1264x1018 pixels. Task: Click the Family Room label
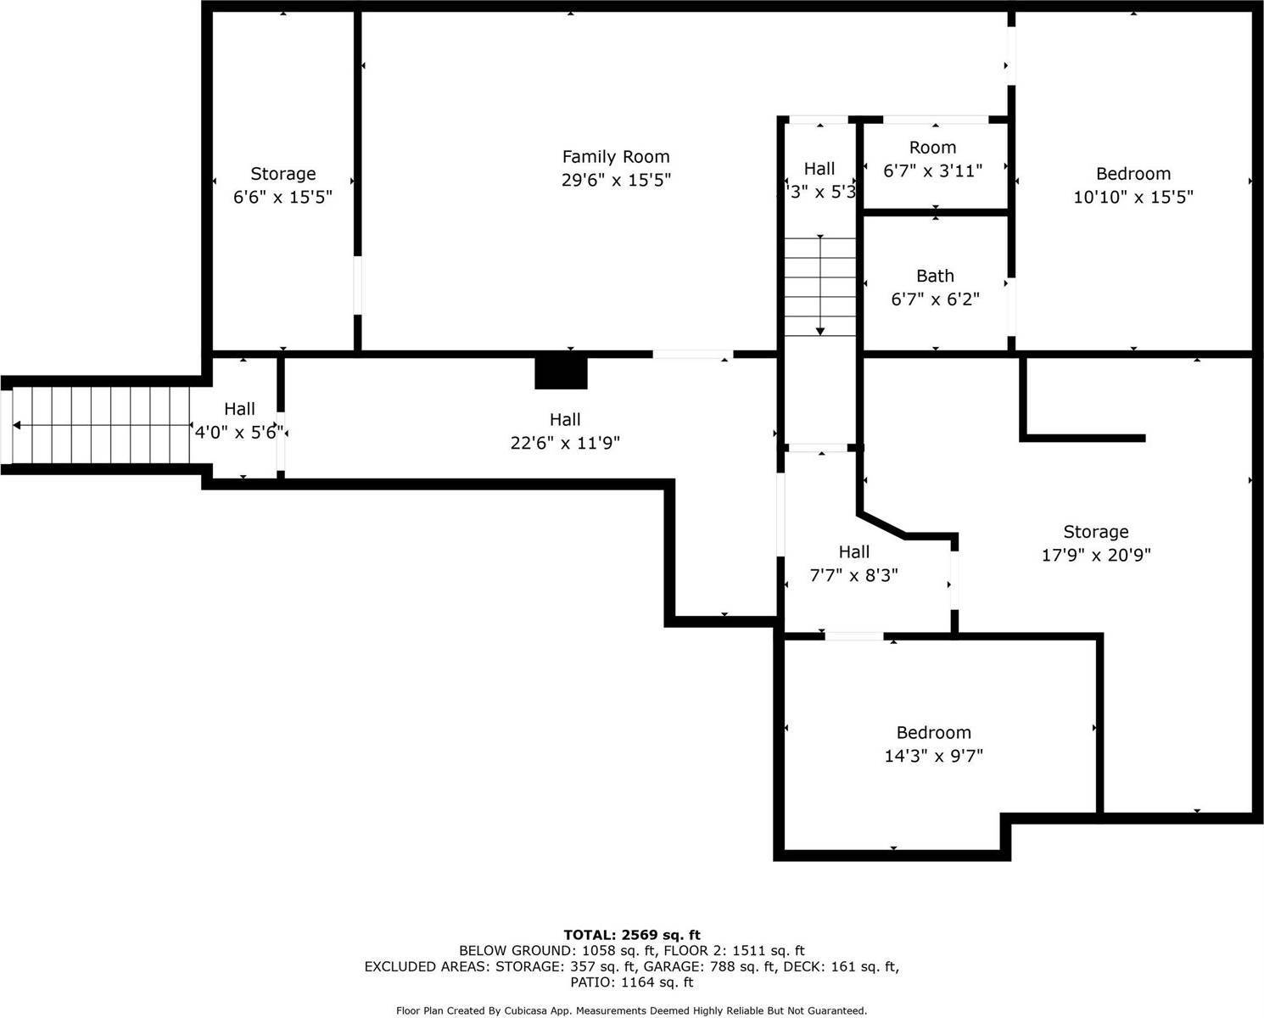pyautogui.click(x=616, y=157)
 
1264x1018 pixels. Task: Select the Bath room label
pyautogui.click(x=935, y=276)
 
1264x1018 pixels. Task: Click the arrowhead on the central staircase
pyautogui.click(x=820, y=330)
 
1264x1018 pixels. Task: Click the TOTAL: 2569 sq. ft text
pyautogui.click(x=632, y=935)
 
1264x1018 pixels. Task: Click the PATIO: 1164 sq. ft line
pyautogui.click(x=632, y=982)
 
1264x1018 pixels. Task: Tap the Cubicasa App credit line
pyautogui.click(x=632, y=1010)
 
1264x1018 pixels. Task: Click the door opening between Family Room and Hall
pyautogui.click(x=692, y=354)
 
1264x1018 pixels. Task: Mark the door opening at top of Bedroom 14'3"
pyautogui.click(x=854, y=636)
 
